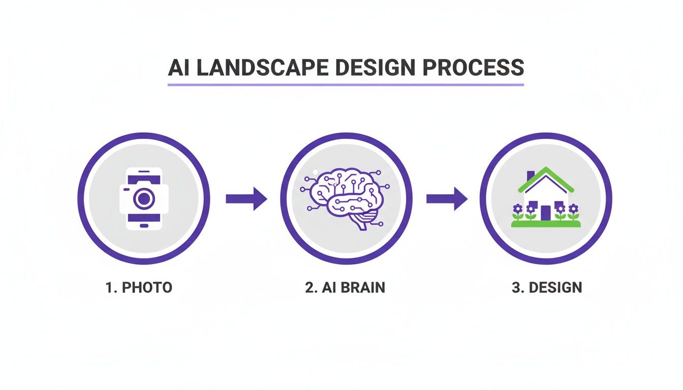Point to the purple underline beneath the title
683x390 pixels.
click(346, 84)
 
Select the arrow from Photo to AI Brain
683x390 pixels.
click(246, 199)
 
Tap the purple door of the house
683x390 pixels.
click(545, 213)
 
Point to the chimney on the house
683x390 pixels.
click(531, 176)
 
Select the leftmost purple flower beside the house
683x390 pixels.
click(518, 209)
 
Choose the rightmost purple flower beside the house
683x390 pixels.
click(573, 209)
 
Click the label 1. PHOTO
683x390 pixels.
click(139, 287)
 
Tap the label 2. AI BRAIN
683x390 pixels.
click(345, 287)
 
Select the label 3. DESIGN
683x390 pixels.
click(546, 287)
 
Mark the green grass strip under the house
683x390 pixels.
click(546, 223)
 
